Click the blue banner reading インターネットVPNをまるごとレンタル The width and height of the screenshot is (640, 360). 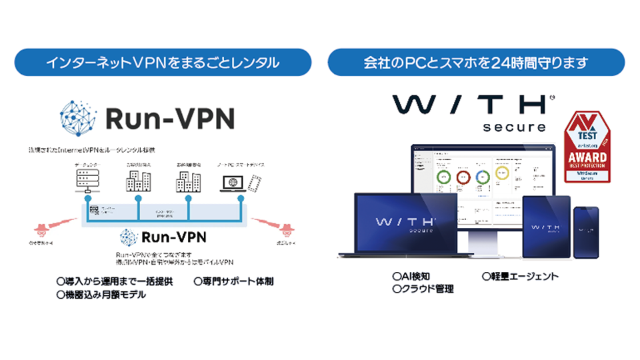click(x=163, y=64)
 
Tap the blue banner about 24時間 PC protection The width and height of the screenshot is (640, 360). click(x=476, y=64)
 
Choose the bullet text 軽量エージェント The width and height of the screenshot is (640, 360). click(x=520, y=276)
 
